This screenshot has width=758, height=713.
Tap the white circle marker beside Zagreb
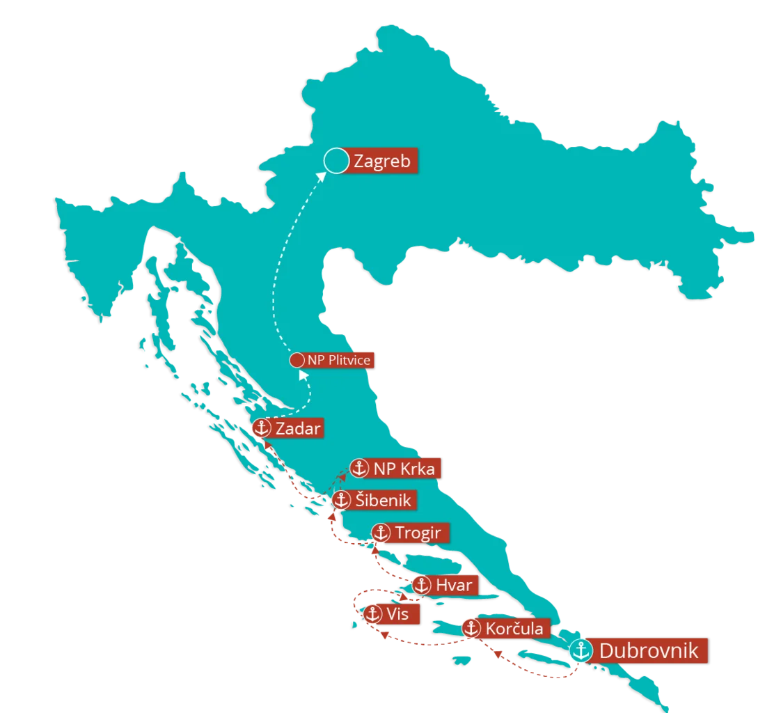click(x=335, y=161)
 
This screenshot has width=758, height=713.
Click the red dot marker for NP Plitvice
click(x=297, y=361)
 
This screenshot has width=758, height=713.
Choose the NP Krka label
click(x=404, y=469)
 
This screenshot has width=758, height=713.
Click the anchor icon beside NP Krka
click(x=358, y=468)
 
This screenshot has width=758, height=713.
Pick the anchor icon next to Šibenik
click(x=340, y=500)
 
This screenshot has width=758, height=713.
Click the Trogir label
click(x=418, y=533)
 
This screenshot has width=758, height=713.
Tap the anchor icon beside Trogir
click(x=380, y=533)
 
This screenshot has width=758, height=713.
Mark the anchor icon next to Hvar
click(x=420, y=586)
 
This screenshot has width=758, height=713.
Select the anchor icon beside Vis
click(x=372, y=614)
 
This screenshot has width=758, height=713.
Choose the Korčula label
click(x=514, y=629)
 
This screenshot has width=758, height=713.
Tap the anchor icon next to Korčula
click(x=471, y=629)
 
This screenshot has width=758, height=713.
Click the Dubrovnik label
click(x=648, y=651)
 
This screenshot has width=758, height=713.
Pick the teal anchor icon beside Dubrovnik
click(x=580, y=650)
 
